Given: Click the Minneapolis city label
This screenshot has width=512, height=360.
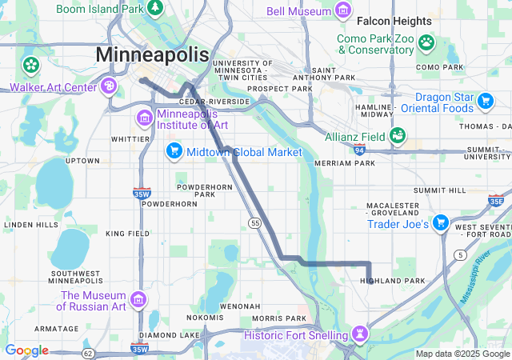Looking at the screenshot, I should coord(152,54).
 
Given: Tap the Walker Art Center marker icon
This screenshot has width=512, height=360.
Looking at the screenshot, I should coord(109,86).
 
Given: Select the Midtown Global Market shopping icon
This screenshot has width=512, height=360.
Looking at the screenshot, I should coord(174,151).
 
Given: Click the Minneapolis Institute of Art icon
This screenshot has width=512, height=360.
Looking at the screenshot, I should coord(145,119).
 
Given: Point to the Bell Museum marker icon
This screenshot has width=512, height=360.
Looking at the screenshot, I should coord(343,10).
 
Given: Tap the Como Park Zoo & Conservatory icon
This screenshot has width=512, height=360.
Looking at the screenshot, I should coord(427,42).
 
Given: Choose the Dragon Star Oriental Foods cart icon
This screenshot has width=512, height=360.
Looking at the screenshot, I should coord(485,101).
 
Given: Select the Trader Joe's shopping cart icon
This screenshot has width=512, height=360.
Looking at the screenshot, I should coord(440,223).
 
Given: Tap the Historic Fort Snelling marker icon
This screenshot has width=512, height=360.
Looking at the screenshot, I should coord(361,334).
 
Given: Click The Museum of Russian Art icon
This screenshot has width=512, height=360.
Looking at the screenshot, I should coord(138,299).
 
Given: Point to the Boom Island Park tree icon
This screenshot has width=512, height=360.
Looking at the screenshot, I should coord(155,8).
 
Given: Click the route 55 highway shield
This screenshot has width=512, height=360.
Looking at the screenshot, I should coord(255,222).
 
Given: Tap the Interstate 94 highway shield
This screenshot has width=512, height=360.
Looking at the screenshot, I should coord(359,150).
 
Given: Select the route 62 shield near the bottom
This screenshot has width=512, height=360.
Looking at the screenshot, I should coord(88,353).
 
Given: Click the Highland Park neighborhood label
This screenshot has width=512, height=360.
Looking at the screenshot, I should coord(393,281).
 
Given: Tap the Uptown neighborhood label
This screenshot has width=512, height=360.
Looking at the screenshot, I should coord(82,161).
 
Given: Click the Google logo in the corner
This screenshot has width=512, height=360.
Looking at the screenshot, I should coord(26,350).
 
